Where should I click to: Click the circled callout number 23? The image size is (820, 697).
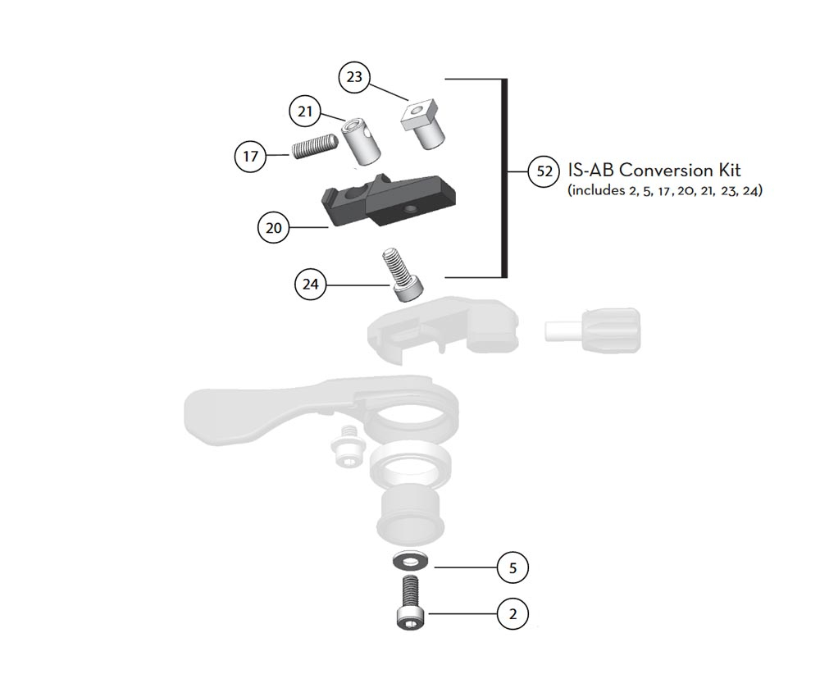click(354, 77)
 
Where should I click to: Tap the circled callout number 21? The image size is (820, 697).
click(305, 112)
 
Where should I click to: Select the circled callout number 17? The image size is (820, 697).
click(250, 156)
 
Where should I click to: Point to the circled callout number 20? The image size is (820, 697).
click(274, 228)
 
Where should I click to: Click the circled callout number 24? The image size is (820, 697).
click(311, 284)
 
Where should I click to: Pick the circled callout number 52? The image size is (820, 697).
click(544, 171)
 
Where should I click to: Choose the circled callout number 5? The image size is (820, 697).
click(512, 567)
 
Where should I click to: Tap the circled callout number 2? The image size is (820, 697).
click(512, 613)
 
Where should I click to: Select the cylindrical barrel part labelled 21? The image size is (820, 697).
click(361, 141)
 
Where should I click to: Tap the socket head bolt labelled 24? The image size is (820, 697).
click(403, 275)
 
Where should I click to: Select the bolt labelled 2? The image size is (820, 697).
click(412, 602)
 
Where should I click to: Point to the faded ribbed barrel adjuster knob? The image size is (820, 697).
click(593, 330)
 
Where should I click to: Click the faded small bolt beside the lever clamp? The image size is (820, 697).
click(345, 446)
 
